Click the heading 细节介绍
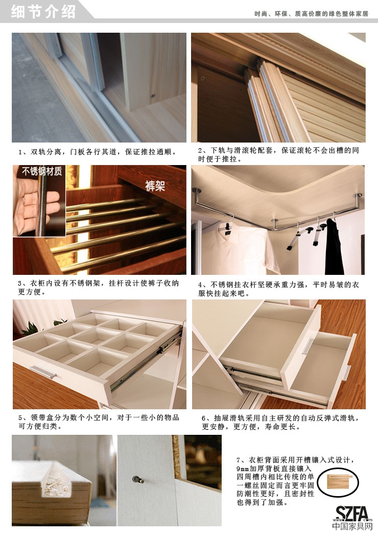pos(43,11)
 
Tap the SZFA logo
pos(351,513)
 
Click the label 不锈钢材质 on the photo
pos(42,171)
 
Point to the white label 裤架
pos(155,185)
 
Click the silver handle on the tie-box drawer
pos(43,371)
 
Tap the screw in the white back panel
pos(138,479)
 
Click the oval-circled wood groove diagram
pos(338,482)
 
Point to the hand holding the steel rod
pos(36,206)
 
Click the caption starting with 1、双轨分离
pos(98,152)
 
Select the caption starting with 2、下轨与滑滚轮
pos(278,154)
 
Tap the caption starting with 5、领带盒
pos(99,422)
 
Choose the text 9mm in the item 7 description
pos(242,469)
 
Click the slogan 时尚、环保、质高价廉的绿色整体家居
pos(312,14)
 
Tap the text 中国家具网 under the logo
pos(352,526)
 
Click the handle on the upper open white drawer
pos(308,346)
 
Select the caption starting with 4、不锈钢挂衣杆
pos(278,289)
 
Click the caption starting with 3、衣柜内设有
pos(99,288)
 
